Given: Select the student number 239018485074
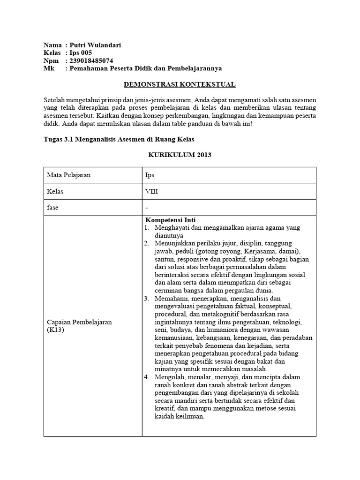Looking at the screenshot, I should click(91, 61).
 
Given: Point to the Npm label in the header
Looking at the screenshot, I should click(51, 61).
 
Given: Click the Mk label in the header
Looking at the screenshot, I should click(48, 68).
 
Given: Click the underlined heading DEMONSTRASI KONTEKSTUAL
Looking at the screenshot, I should click(180, 84).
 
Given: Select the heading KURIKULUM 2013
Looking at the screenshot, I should click(180, 155).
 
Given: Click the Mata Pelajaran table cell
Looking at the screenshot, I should click(68, 175).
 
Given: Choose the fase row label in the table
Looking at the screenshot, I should click(52, 207).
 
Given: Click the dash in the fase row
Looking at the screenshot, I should click(147, 207).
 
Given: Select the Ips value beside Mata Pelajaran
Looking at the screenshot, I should click(150, 175).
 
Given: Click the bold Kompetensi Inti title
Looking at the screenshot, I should click(171, 220).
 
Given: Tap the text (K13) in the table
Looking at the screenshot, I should click(54, 330).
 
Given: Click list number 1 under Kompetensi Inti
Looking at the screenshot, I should click(146, 228).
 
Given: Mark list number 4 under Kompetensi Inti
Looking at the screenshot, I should click(146, 377).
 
